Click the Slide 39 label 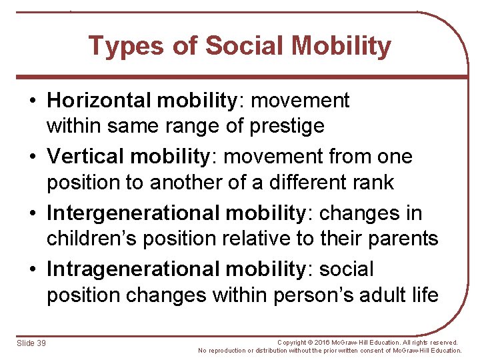tap(31, 343)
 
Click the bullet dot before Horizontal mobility tap(33, 101)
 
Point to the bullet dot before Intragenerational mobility tap(33, 270)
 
